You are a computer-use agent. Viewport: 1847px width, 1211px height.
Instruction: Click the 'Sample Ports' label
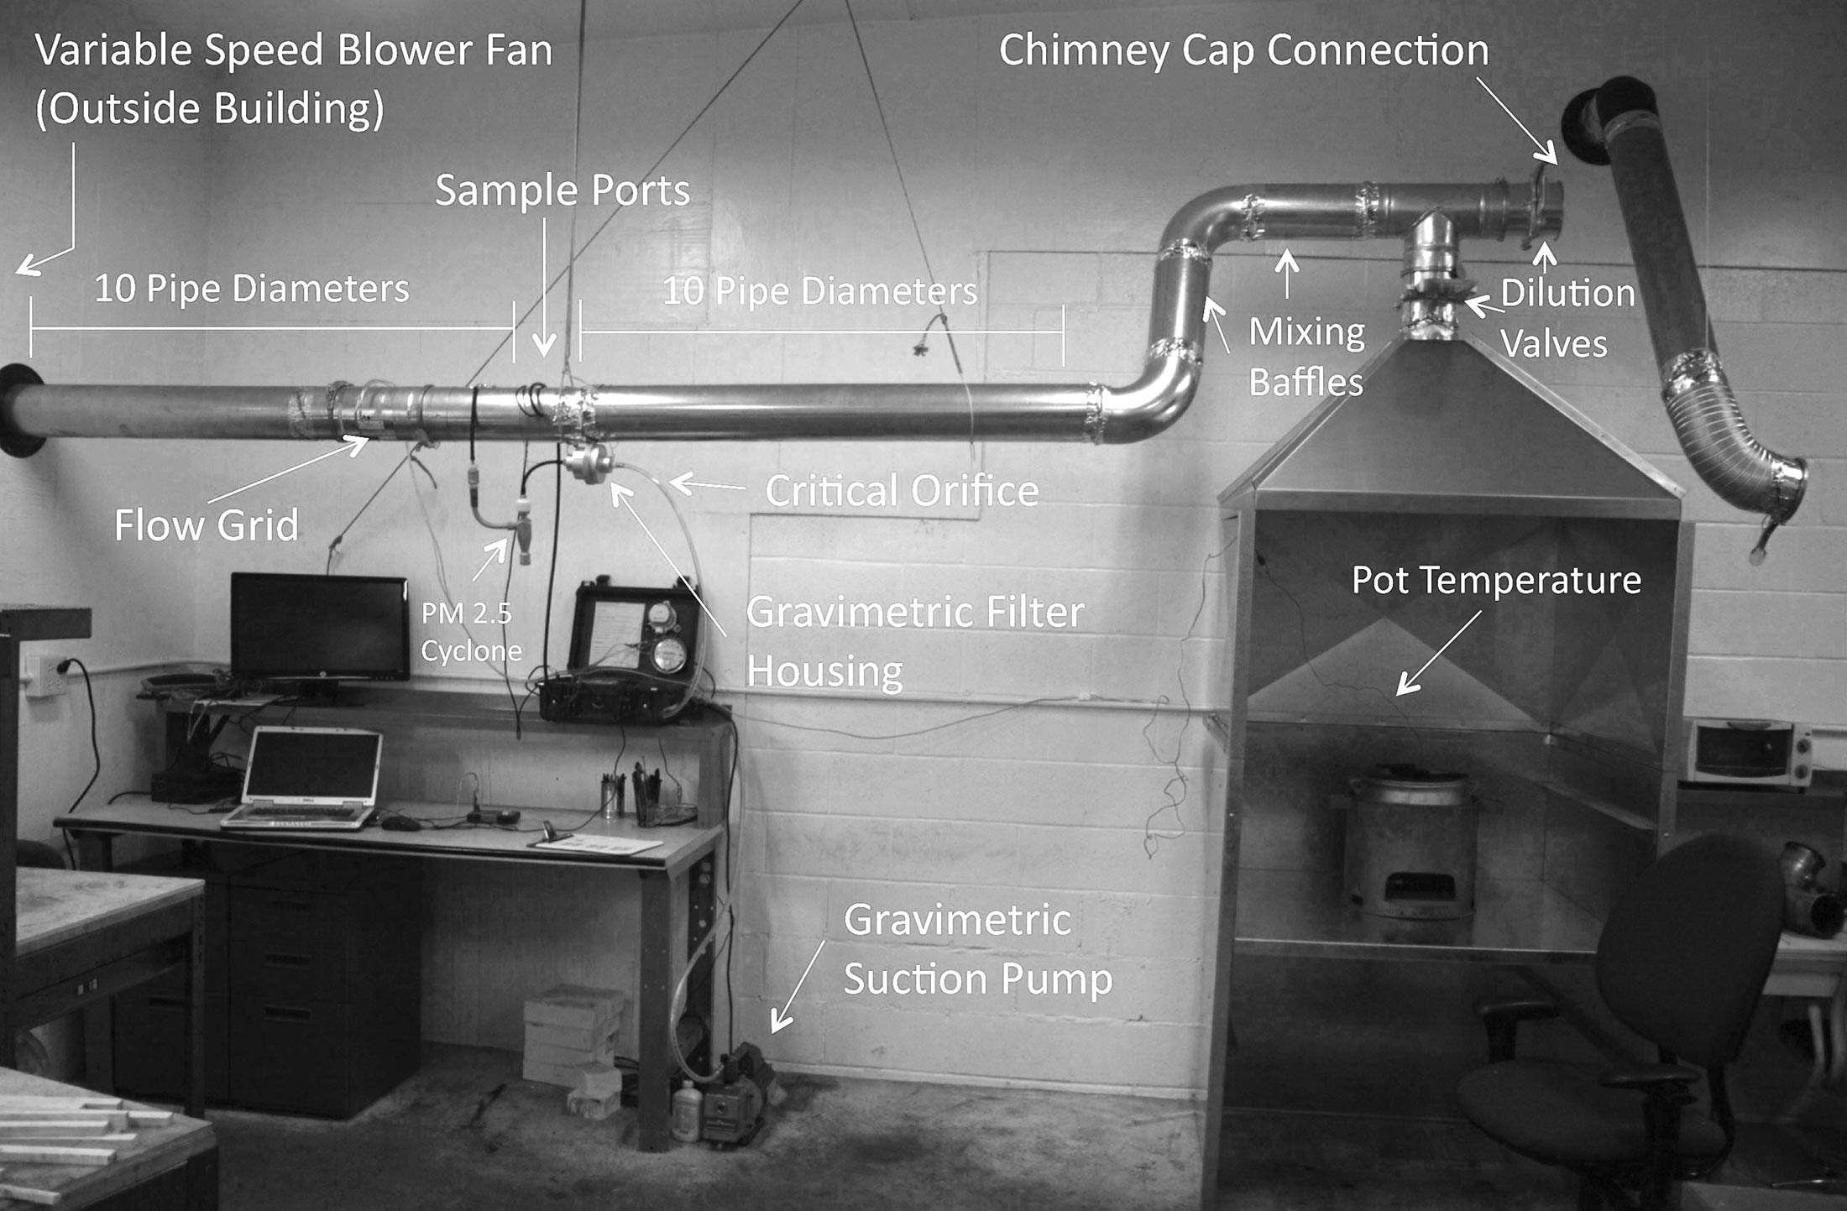tap(562, 191)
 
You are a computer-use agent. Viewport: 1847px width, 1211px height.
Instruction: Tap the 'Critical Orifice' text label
tap(902, 491)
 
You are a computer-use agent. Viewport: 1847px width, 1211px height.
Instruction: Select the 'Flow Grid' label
tap(207, 526)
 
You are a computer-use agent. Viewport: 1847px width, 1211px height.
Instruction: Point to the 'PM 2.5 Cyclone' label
tap(470, 632)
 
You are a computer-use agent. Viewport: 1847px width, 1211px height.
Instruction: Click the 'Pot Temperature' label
tap(1496, 581)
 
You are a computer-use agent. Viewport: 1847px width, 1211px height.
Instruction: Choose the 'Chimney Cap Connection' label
tap(1243, 50)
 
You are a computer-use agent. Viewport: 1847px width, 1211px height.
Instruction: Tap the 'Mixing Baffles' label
tap(1306, 357)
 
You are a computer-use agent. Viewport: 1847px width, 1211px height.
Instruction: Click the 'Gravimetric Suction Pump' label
tap(977, 950)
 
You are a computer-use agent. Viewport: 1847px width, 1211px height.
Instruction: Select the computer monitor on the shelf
tap(320, 628)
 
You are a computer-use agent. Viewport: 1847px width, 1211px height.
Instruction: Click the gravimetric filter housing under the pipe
tap(585, 462)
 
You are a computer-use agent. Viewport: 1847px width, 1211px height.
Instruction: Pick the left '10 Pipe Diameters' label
tap(251, 290)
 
